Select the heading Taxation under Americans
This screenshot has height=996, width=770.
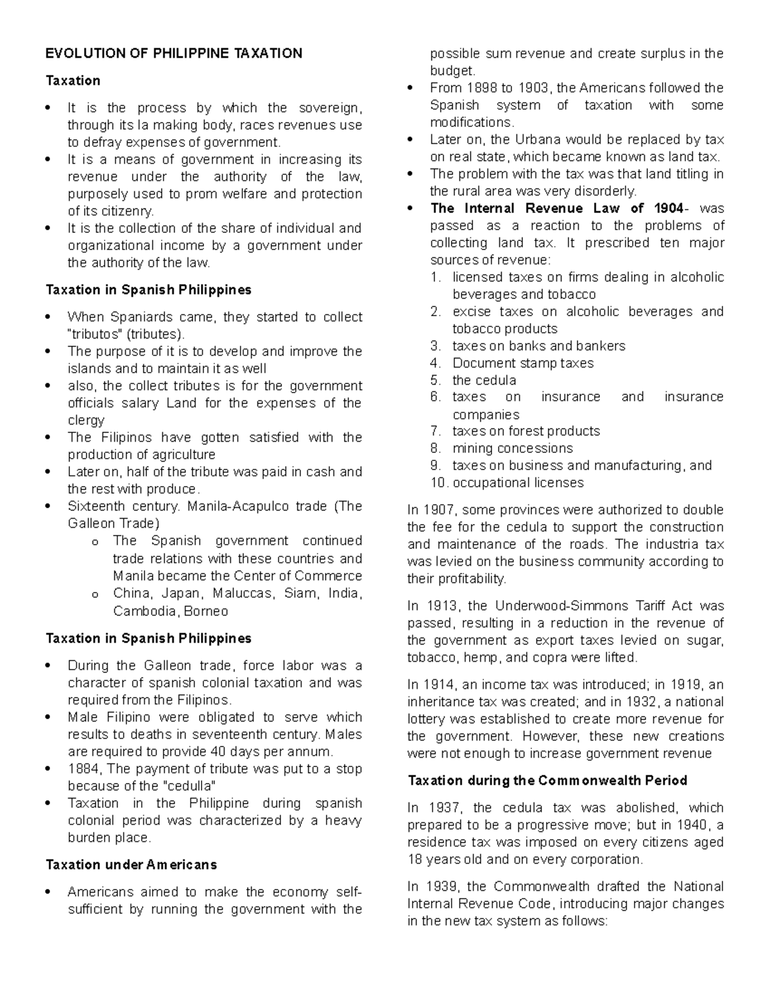(x=131, y=865)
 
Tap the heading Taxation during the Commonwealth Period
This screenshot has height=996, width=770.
(x=547, y=781)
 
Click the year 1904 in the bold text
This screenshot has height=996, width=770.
(x=667, y=208)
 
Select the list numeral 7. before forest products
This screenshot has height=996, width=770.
(x=436, y=431)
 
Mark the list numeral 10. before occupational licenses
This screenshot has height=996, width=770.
(x=440, y=482)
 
